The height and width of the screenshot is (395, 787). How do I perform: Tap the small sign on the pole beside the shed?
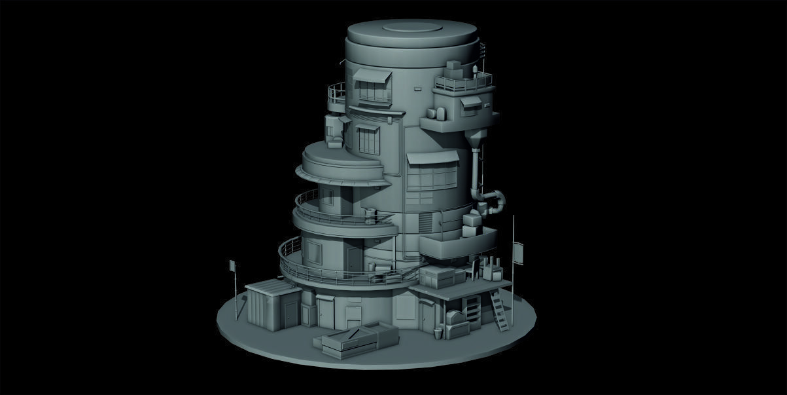(x=232, y=265)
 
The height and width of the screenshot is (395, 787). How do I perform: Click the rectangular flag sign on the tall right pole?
(x=519, y=253)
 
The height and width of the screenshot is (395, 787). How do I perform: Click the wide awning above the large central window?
(x=432, y=158)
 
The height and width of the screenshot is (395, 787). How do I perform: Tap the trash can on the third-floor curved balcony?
(x=370, y=216)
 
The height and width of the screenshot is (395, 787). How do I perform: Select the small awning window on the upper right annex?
(x=470, y=103)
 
